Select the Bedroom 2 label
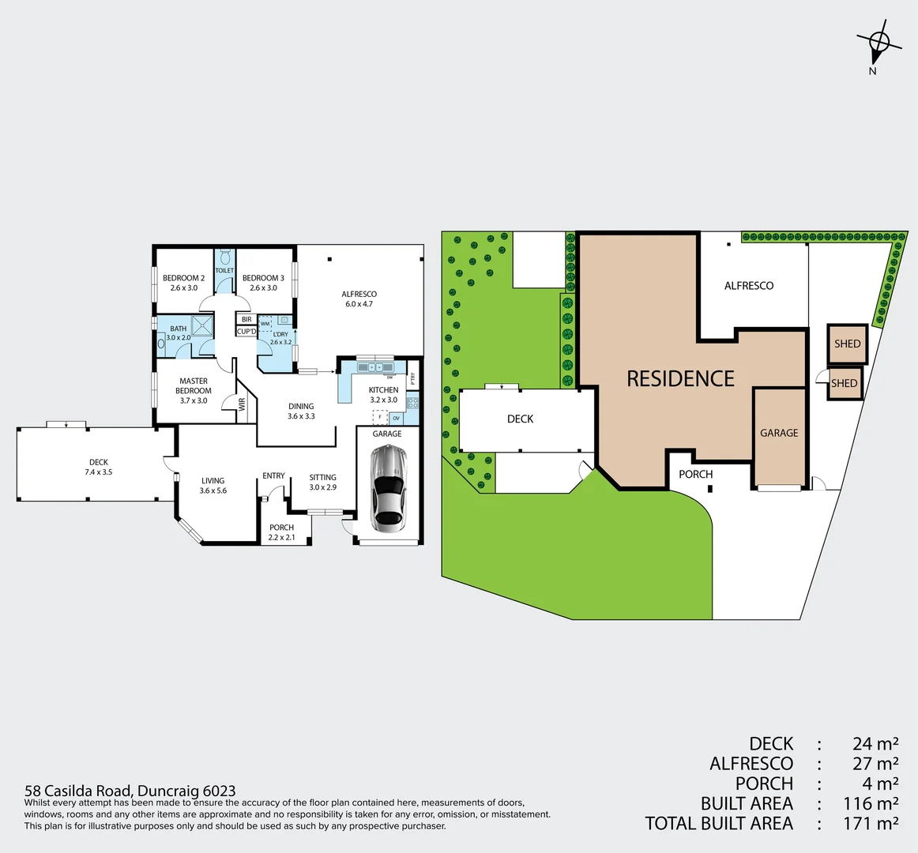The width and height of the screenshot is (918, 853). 184,278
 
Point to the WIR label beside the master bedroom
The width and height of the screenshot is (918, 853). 243,404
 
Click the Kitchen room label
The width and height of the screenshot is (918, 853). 383,390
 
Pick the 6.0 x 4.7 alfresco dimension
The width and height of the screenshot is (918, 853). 359,304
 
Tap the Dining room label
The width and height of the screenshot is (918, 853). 301,406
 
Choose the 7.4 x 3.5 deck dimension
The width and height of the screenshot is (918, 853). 98,472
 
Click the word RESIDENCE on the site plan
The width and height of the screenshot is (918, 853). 680,379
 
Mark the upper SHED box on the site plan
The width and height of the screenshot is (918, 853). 847,344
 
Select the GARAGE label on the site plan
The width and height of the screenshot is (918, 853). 779,433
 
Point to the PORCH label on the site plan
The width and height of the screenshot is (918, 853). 695,474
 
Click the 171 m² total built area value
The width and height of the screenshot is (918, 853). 871,823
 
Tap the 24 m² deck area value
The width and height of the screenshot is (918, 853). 875,743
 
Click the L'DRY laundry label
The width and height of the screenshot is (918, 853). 280,334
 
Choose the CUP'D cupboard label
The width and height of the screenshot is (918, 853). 246,332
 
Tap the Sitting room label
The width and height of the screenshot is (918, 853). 322,477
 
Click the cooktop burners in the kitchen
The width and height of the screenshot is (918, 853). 412,403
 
